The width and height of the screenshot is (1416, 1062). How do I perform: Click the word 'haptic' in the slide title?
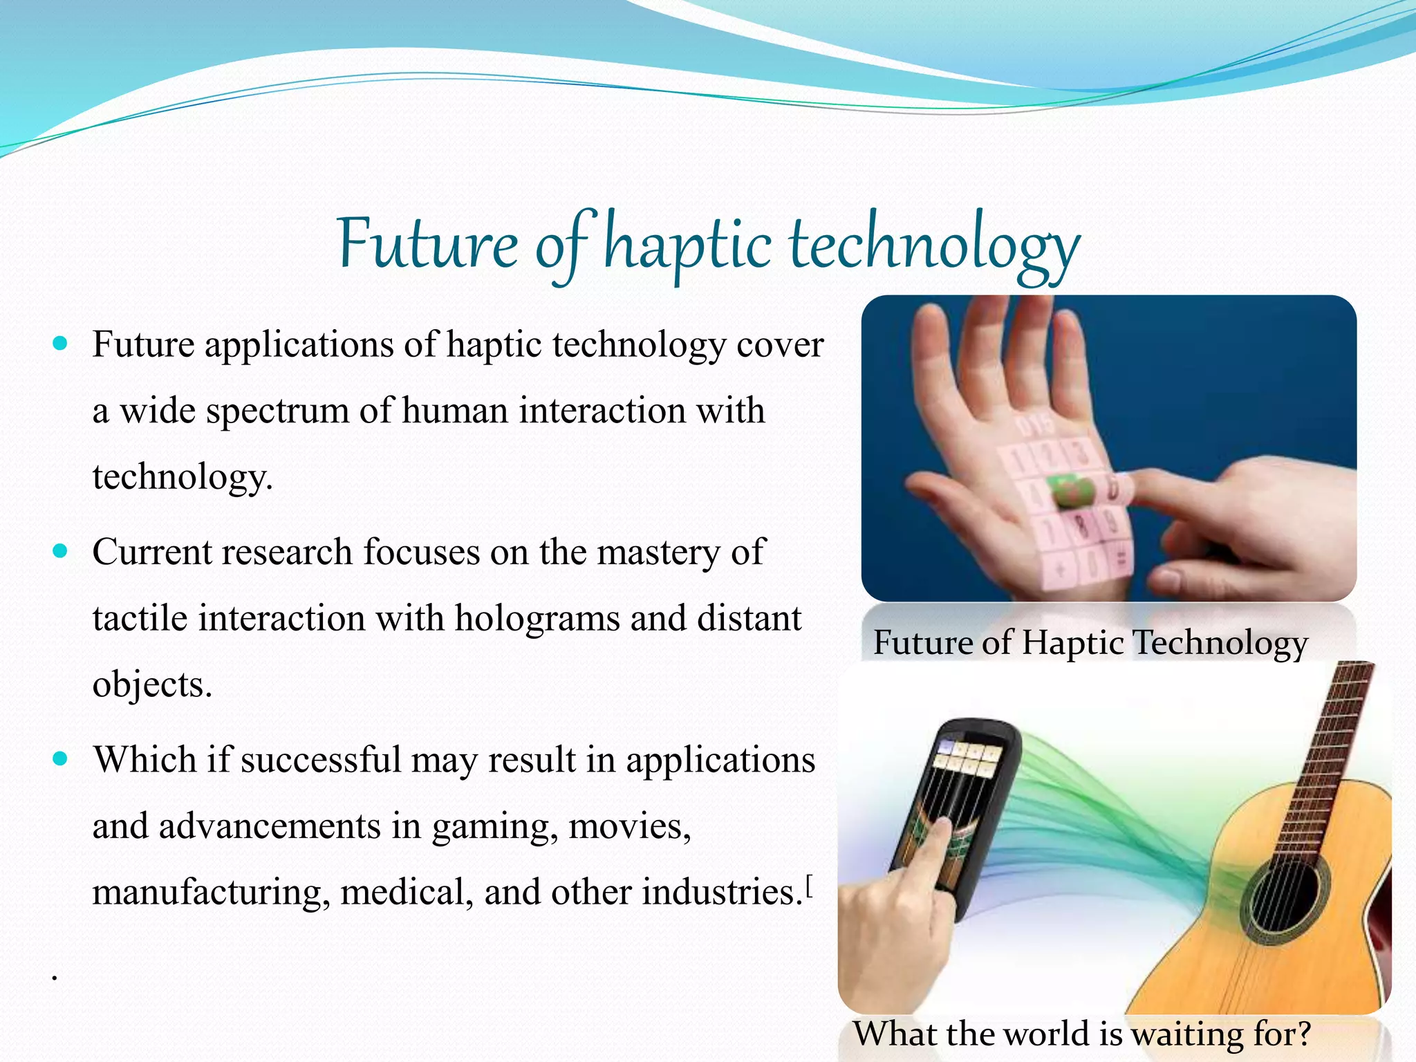tap(688, 245)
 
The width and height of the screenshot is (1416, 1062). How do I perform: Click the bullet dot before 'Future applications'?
tap(61, 343)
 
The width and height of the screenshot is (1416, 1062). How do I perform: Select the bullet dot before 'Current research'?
tap(61, 551)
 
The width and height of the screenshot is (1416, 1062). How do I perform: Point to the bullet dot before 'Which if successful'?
tap(61, 759)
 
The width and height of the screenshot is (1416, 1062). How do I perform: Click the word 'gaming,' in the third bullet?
tap(495, 827)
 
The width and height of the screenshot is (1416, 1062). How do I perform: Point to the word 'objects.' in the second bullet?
tap(152, 684)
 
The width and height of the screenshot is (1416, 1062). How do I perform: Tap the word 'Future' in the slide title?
tap(428, 245)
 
